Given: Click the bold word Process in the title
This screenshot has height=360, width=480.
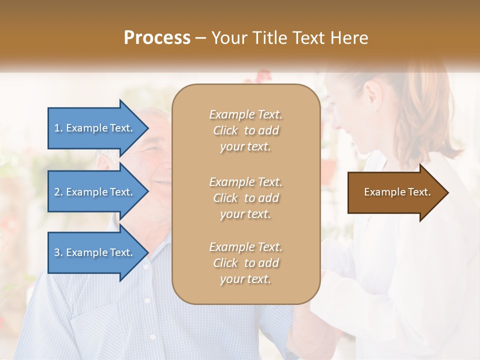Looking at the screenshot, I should click(157, 37).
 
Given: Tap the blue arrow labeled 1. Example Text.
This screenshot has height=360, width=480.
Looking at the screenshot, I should click(94, 128).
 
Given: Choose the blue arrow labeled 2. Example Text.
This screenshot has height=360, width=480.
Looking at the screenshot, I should click(94, 192).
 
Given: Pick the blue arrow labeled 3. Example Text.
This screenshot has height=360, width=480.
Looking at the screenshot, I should click(94, 252).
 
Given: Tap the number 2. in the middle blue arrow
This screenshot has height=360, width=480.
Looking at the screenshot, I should click(58, 192).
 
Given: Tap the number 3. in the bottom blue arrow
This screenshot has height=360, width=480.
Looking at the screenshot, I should click(58, 252).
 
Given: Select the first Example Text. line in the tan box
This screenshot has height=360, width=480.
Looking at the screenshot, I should click(245, 114).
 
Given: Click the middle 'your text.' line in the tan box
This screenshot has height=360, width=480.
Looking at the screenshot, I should click(245, 214).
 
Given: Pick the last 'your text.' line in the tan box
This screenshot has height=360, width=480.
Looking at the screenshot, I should click(245, 279).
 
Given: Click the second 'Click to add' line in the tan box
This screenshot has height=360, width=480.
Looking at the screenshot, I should click(245, 198).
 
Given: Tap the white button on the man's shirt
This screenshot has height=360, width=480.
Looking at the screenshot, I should click(147, 300).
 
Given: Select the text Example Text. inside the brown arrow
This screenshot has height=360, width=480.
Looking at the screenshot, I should click(397, 192).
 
